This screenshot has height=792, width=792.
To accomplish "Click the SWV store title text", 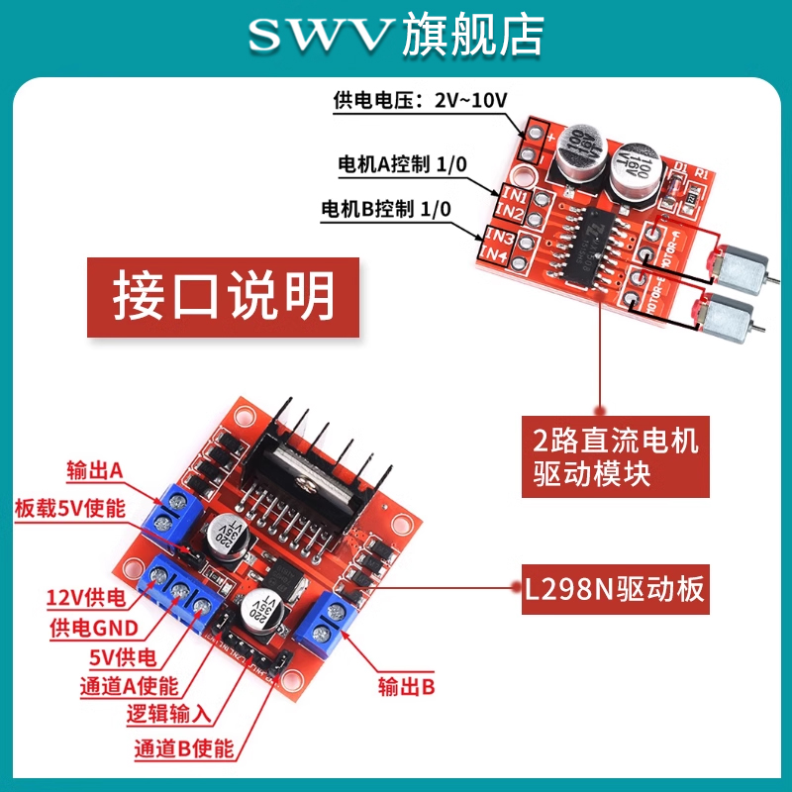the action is click(x=396, y=36).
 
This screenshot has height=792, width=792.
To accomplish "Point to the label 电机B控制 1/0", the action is click(x=386, y=210).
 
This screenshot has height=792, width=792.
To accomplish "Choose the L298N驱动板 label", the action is click(x=616, y=590).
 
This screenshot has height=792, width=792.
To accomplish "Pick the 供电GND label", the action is click(x=93, y=628).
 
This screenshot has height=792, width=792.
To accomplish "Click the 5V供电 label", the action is click(x=120, y=657).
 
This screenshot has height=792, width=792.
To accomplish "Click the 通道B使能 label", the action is click(x=184, y=748).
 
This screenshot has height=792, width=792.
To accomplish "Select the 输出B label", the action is click(x=407, y=686).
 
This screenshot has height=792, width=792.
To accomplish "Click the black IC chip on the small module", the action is click(x=592, y=242).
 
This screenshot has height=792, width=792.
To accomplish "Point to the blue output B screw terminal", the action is click(x=328, y=626).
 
